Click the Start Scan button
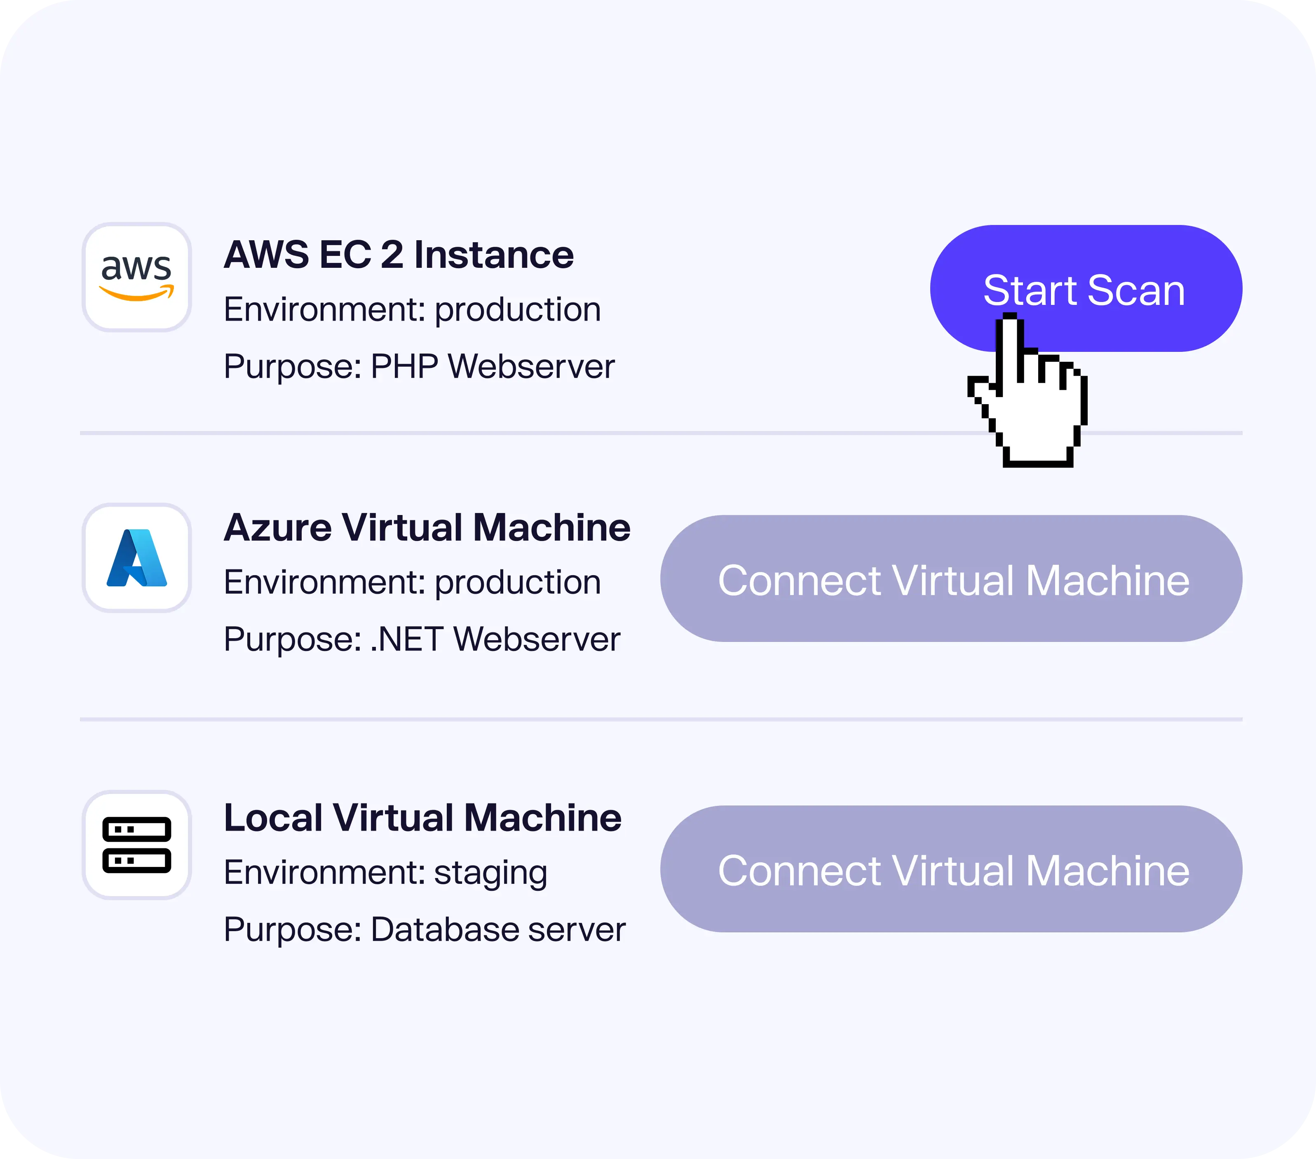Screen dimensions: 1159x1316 pos(1086,288)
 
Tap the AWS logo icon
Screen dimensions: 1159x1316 pos(136,277)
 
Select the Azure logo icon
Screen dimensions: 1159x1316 pos(136,558)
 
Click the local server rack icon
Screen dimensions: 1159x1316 pos(136,845)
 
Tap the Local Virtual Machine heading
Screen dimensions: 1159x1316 pos(422,818)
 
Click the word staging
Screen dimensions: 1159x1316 pos(490,874)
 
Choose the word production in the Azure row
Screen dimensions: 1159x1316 pos(518,583)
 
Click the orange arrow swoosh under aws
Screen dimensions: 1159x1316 pos(136,294)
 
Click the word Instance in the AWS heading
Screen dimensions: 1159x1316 pos(494,255)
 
